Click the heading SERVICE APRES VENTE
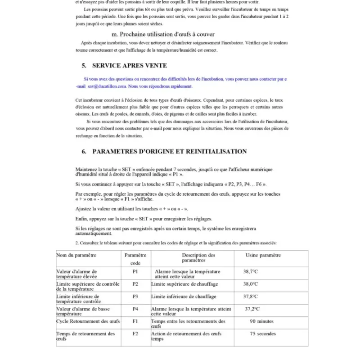[130, 66]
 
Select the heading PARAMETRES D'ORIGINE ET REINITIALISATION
[169, 152]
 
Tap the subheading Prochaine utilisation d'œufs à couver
[163, 34]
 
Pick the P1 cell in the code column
[135, 272]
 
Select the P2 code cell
[135, 284]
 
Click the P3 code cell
[135, 297]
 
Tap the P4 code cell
[135, 309]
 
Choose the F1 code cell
[135, 321]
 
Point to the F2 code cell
[135, 334]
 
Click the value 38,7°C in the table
[251, 272]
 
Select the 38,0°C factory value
[251, 284]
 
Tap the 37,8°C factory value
[251, 297]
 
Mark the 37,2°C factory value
[252, 309]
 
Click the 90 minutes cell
[262, 321]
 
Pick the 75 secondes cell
[263, 334]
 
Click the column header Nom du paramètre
[76, 255]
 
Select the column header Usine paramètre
[263, 255]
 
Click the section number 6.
[84, 152]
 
